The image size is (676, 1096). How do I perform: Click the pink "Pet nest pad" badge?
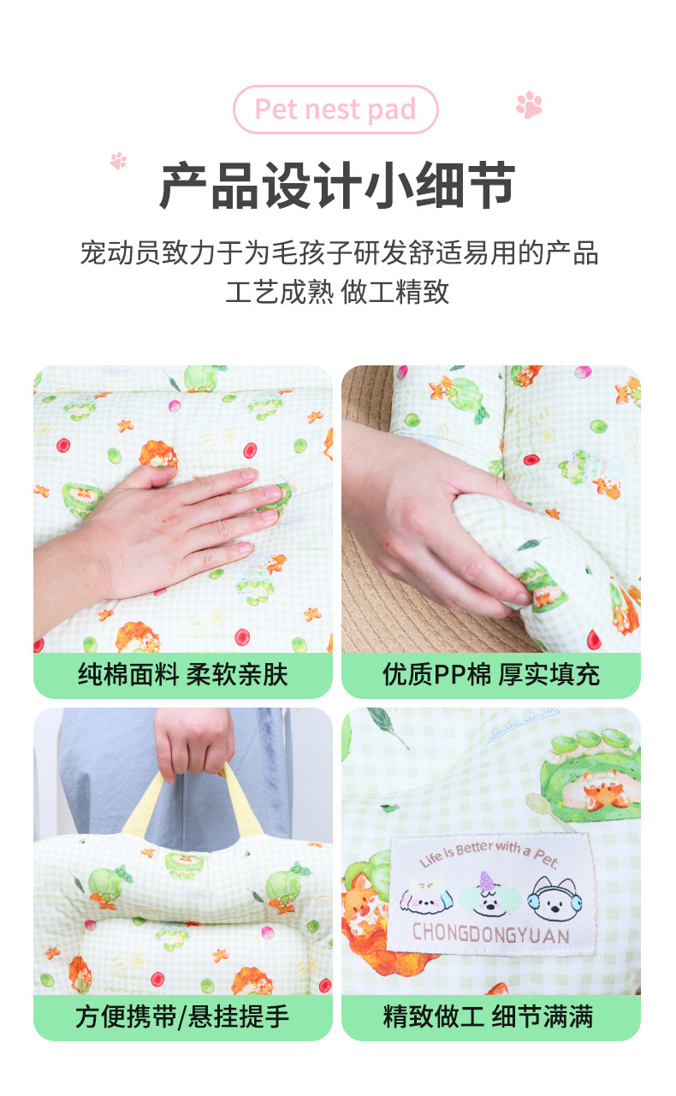click(335, 110)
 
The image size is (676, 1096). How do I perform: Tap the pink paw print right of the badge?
click(529, 104)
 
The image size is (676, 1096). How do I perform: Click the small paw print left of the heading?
click(118, 161)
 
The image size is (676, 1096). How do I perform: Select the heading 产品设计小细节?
click(337, 186)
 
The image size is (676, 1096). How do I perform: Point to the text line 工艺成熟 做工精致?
click(337, 292)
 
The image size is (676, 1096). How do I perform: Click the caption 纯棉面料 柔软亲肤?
click(182, 675)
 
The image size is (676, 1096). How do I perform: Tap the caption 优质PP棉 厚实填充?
click(491, 675)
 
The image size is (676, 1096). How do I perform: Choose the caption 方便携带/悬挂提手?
click(182, 1016)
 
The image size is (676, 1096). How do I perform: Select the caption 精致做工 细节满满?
click(488, 1016)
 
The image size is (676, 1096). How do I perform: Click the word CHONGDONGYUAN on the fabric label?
click(491, 933)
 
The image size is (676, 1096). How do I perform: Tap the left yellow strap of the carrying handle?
click(143, 803)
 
